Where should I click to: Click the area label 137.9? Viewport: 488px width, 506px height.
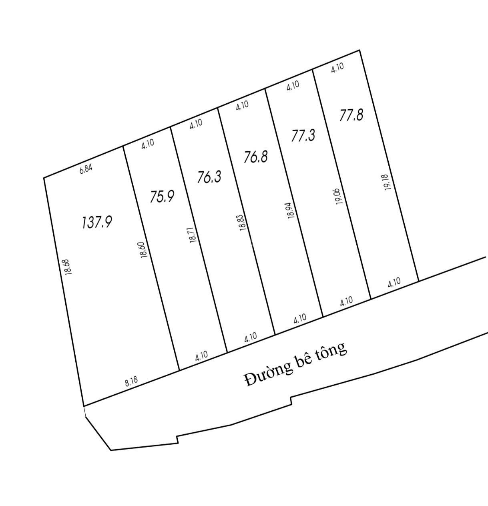pos(97,223)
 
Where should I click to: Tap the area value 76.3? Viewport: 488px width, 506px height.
pos(209,177)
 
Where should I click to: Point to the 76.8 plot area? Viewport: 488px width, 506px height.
pos(256,157)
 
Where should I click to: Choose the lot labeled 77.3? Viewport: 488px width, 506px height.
pos(303,135)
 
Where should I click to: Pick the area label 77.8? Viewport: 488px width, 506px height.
pos(351,115)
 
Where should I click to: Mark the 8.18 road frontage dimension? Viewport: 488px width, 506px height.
pos(131,382)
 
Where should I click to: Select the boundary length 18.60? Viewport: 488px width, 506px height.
pos(144,250)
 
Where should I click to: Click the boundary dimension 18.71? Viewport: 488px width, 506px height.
pos(193,235)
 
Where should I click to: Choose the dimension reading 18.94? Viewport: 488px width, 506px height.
pos(292,210)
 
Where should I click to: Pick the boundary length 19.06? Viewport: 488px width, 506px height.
pos(339,196)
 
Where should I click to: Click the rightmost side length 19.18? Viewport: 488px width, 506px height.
pos(388,182)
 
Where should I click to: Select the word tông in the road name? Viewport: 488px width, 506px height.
pos(333,350)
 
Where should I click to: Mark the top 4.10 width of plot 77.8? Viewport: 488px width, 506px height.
pos(337,67)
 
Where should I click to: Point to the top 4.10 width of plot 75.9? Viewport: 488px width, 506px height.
pos(148,144)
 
